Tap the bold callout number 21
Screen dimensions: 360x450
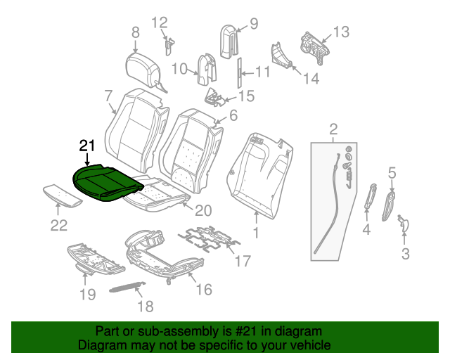[86, 146]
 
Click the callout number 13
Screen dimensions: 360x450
[340, 32]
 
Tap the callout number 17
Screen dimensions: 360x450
[241, 262]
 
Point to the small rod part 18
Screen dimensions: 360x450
[125, 287]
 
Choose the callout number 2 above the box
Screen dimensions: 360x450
[333, 129]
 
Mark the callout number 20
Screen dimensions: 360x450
[203, 210]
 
